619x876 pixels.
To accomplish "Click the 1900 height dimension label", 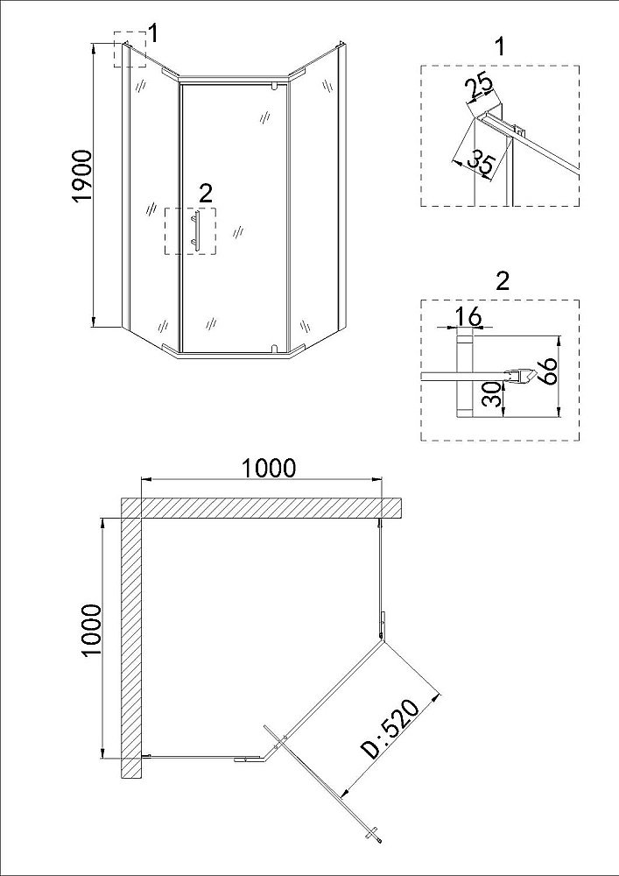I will pyautogui.click(x=82, y=176).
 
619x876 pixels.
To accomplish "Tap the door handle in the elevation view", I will pyautogui.click(x=199, y=231).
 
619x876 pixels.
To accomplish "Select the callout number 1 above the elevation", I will pyautogui.click(x=153, y=34).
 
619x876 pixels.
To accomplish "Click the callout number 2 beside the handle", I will pyautogui.click(x=206, y=192).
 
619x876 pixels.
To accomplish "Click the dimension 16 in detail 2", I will pyautogui.click(x=469, y=316).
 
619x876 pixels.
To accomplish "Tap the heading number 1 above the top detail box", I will pyautogui.click(x=499, y=46).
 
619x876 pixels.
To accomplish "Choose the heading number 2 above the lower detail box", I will pyautogui.click(x=501, y=281).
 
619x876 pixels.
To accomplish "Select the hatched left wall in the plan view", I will pyautogui.click(x=131, y=639).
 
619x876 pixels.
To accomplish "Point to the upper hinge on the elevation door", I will pyautogui.click(x=276, y=86).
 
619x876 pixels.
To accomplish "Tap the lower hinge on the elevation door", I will pyautogui.click(x=276, y=350).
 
